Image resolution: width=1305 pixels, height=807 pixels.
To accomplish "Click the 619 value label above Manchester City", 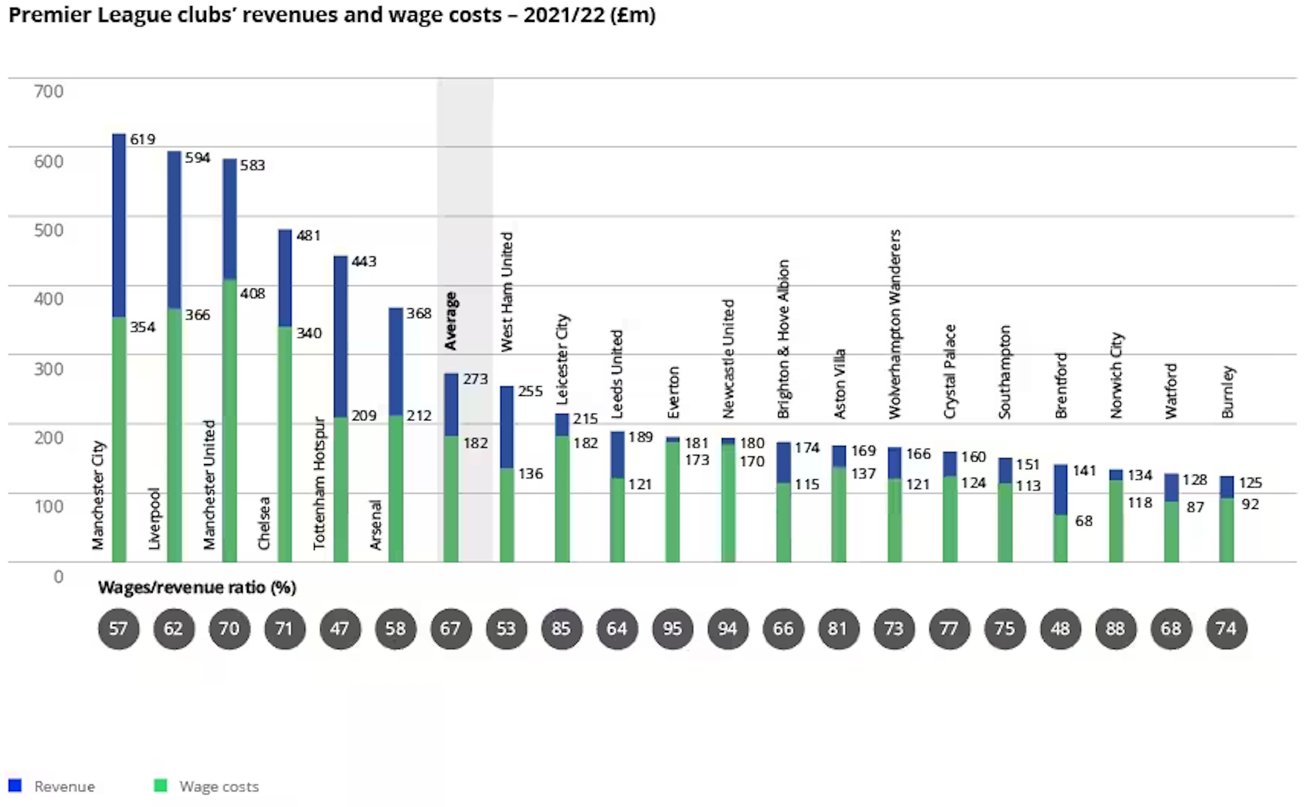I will coord(143,139).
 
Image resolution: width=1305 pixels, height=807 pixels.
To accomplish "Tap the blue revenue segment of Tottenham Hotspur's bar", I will coord(340,336).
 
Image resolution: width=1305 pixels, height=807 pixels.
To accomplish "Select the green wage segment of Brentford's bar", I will coord(1060,538).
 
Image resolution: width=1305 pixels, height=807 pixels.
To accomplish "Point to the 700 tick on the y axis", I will coord(48,92).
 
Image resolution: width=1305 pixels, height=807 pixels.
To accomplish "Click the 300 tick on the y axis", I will coord(48,369).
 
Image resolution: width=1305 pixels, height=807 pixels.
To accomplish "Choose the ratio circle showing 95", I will coord(672,629).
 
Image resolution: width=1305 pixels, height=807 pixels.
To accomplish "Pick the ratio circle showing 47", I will coord(340,629).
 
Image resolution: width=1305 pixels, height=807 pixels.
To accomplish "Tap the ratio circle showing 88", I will coord(1115,629).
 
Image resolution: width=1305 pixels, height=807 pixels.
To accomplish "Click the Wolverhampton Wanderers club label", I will coord(894,324).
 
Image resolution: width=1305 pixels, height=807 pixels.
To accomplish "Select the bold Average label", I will coord(451,321).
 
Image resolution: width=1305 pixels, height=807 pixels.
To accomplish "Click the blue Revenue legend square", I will coord(15,786).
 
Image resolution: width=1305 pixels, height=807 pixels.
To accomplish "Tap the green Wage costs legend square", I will coord(160,786).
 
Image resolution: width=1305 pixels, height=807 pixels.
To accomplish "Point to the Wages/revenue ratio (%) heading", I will coord(197,588).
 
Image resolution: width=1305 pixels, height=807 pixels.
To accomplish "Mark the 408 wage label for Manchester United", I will coord(252,294).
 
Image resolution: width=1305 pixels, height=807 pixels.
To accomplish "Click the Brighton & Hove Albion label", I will coord(783,339).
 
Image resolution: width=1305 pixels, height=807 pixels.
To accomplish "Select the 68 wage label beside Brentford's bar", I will coord(1084,521).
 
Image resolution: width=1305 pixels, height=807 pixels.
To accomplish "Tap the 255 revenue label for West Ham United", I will coord(530,391).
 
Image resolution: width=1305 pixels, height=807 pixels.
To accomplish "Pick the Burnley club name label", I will coord(1228,392).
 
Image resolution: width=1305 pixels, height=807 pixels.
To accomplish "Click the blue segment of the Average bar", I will coord(451,405).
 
